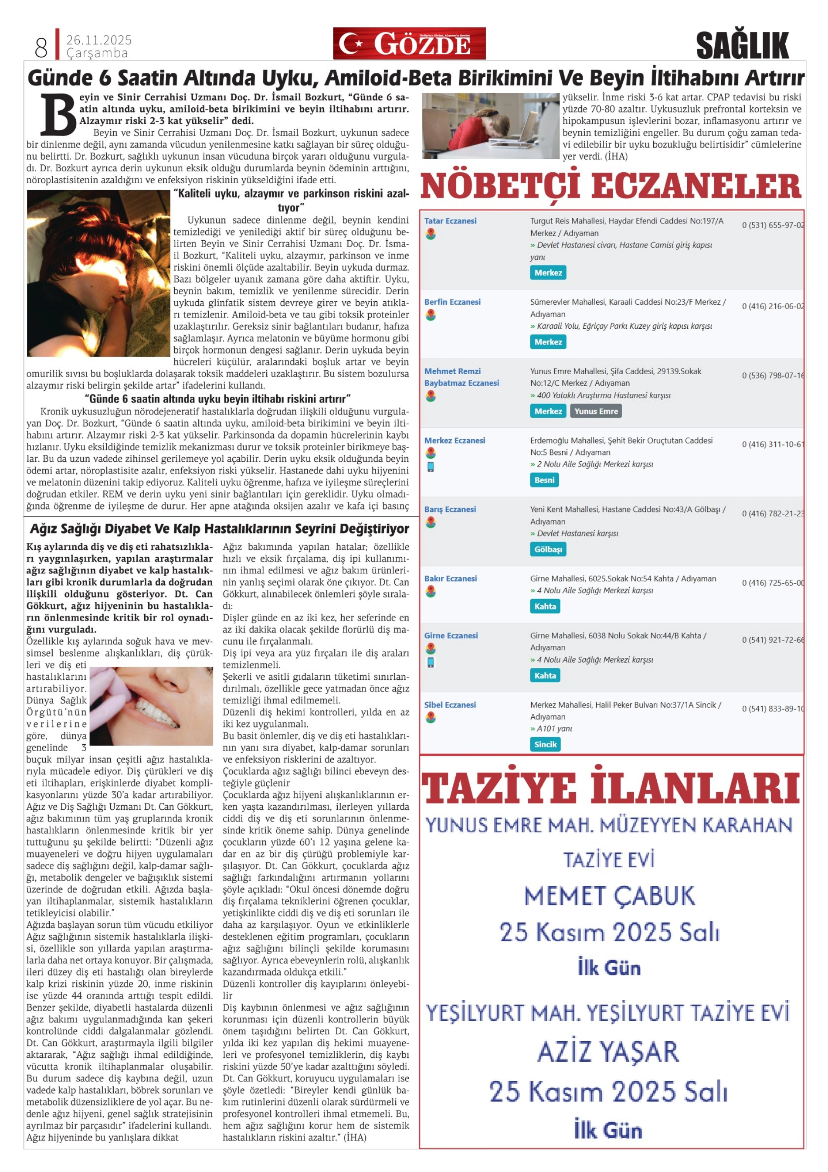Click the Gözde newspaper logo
[409, 44]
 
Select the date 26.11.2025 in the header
[99, 40]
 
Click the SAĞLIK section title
[742, 45]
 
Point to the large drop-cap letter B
[58, 113]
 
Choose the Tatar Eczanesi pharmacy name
[450, 221]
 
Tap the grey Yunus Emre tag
[595, 411]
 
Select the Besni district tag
[544, 480]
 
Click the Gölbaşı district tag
[548, 549]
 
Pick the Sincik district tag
[545, 744]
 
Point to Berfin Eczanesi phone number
[772, 306]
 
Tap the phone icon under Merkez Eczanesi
[431, 467]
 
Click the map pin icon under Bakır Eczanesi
[431, 592]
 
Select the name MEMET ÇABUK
[609, 896]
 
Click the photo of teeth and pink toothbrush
[151, 706]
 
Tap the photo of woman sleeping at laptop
[490, 126]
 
